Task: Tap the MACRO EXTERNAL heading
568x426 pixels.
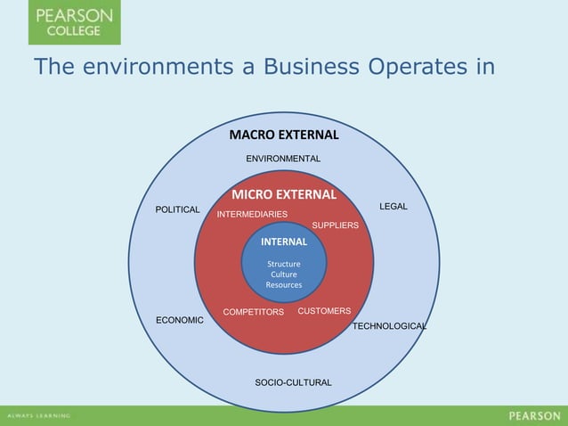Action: pos(284,135)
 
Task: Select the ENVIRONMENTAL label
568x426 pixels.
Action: pos(283,159)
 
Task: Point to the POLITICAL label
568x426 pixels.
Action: pos(178,209)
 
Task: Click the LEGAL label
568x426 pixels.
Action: pos(393,207)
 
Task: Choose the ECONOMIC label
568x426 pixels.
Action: pos(180,320)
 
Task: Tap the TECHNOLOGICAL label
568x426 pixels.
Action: pos(389,327)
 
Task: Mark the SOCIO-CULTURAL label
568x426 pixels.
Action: pos(293,382)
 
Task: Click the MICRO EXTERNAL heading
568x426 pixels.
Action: pos(284,194)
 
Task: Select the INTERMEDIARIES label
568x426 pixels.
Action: pos(252,215)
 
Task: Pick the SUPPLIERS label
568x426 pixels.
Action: pos(335,225)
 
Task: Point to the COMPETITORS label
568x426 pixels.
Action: pos(253,313)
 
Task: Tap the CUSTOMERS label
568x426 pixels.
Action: pos(324,311)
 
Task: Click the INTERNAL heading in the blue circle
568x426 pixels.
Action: pos(284,242)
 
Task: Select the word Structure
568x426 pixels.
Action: pos(284,264)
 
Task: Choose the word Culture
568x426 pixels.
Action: pos(284,274)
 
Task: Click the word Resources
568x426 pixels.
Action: pos(284,285)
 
